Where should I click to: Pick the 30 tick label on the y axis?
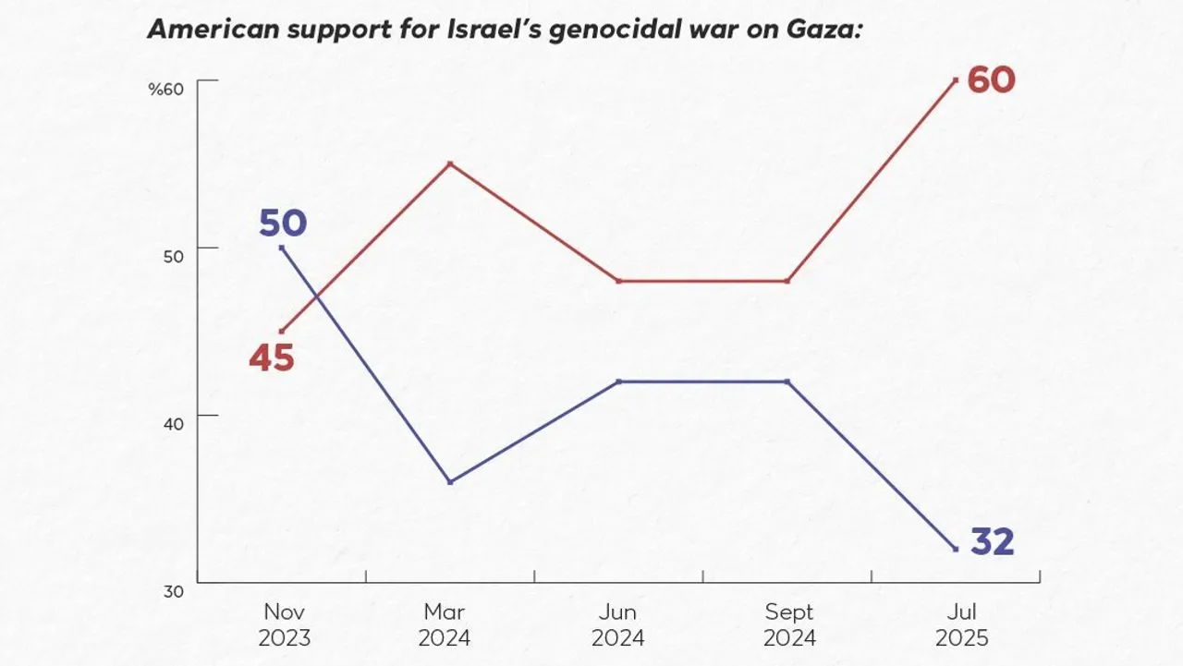pyautogui.click(x=174, y=591)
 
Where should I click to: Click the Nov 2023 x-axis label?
pyautogui.click(x=285, y=624)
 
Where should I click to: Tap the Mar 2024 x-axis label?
pyautogui.click(x=444, y=624)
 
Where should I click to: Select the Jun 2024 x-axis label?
pyautogui.click(x=617, y=624)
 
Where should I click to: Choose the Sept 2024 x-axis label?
pyautogui.click(x=788, y=624)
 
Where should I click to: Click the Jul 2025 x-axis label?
pyautogui.click(x=961, y=624)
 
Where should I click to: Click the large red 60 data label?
pyautogui.click(x=991, y=80)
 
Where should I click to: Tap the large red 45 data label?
pyautogui.click(x=272, y=358)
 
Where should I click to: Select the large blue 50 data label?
pyautogui.click(x=282, y=224)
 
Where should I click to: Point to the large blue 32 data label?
pyautogui.click(x=992, y=542)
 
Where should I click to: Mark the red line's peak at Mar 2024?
pyautogui.click(x=449, y=163)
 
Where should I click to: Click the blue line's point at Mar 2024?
pyautogui.click(x=449, y=482)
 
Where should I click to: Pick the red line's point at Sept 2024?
pyautogui.click(x=787, y=281)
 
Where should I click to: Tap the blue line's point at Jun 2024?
pyautogui.click(x=617, y=381)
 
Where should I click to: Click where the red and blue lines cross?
pyautogui.click(x=317, y=297)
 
